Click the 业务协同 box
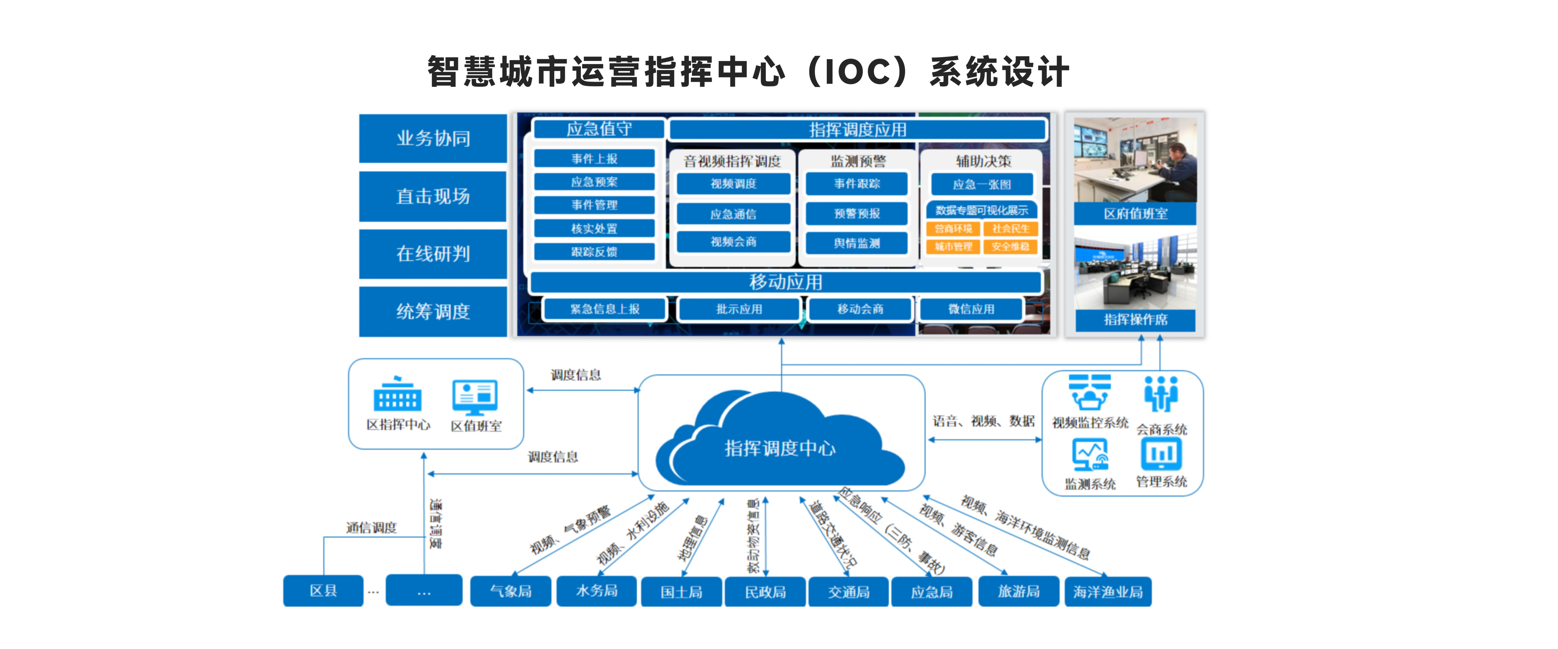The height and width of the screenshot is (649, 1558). click(433, 139)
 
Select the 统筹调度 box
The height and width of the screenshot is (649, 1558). click(433, 312)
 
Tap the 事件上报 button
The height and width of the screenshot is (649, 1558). click(595, 158)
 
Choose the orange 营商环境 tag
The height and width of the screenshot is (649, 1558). click(953, 229)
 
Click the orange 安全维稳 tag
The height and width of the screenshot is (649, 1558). click(1010, 246)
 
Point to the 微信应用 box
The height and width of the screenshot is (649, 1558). click(971, 309)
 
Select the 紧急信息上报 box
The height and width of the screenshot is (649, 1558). click(605, 309)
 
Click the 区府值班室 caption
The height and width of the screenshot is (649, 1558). click(1135, 214)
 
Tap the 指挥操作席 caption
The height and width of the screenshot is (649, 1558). click(1135, 319)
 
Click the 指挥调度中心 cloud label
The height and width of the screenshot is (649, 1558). click(780, 448)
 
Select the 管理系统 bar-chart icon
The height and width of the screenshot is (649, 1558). click(1161, 454)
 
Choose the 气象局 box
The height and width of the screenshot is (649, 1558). click(511, 591)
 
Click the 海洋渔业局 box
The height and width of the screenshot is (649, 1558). click(1108, 592)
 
